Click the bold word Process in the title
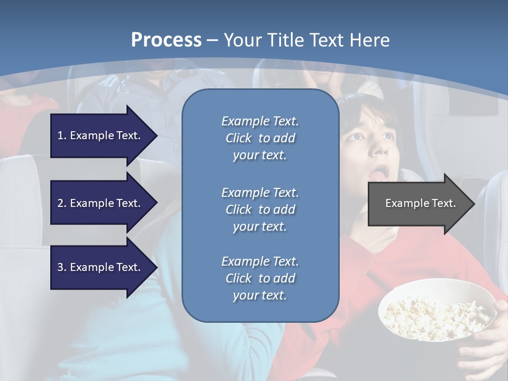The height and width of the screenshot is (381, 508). tap(166, 40)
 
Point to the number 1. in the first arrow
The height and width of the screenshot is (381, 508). tap(62, 135)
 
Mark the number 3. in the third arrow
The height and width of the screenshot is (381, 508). tap(62, 267)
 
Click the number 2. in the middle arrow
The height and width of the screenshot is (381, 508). tap(62, 203)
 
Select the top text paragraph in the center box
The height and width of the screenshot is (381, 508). tap(260, 138)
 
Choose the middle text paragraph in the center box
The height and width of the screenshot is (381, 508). tap(260, 210)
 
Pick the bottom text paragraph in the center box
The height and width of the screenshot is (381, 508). tap(260, 278)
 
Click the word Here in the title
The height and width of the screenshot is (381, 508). tap(369, 40)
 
